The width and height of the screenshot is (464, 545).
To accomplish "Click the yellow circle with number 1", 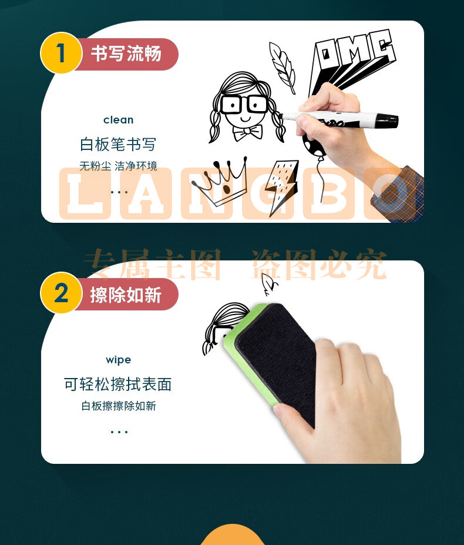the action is (61, 53).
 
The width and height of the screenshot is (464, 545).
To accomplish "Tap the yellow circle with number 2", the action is (61, 293).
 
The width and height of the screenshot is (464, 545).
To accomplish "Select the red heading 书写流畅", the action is (126, 54).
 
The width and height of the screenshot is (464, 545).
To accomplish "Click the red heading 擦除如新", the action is (126, 295).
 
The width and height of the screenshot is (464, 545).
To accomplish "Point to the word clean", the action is (119, 120).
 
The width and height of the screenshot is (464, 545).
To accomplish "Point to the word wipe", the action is (119, 360).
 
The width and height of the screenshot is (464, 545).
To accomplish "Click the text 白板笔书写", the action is (118, 144).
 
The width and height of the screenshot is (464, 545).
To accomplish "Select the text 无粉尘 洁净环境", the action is (118, 166).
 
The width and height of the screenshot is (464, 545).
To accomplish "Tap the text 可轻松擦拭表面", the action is (118, 384).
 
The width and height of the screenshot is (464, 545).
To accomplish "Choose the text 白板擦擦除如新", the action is (119, 406).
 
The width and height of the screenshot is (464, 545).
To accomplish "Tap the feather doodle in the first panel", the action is (282, 68).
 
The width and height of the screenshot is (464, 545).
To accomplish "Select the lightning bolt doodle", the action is (281, 186).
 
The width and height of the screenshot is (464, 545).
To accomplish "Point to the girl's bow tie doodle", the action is (248, 132).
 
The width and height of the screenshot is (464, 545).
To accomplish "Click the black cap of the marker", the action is (386, 120).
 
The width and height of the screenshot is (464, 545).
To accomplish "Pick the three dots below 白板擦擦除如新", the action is (119, 432).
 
